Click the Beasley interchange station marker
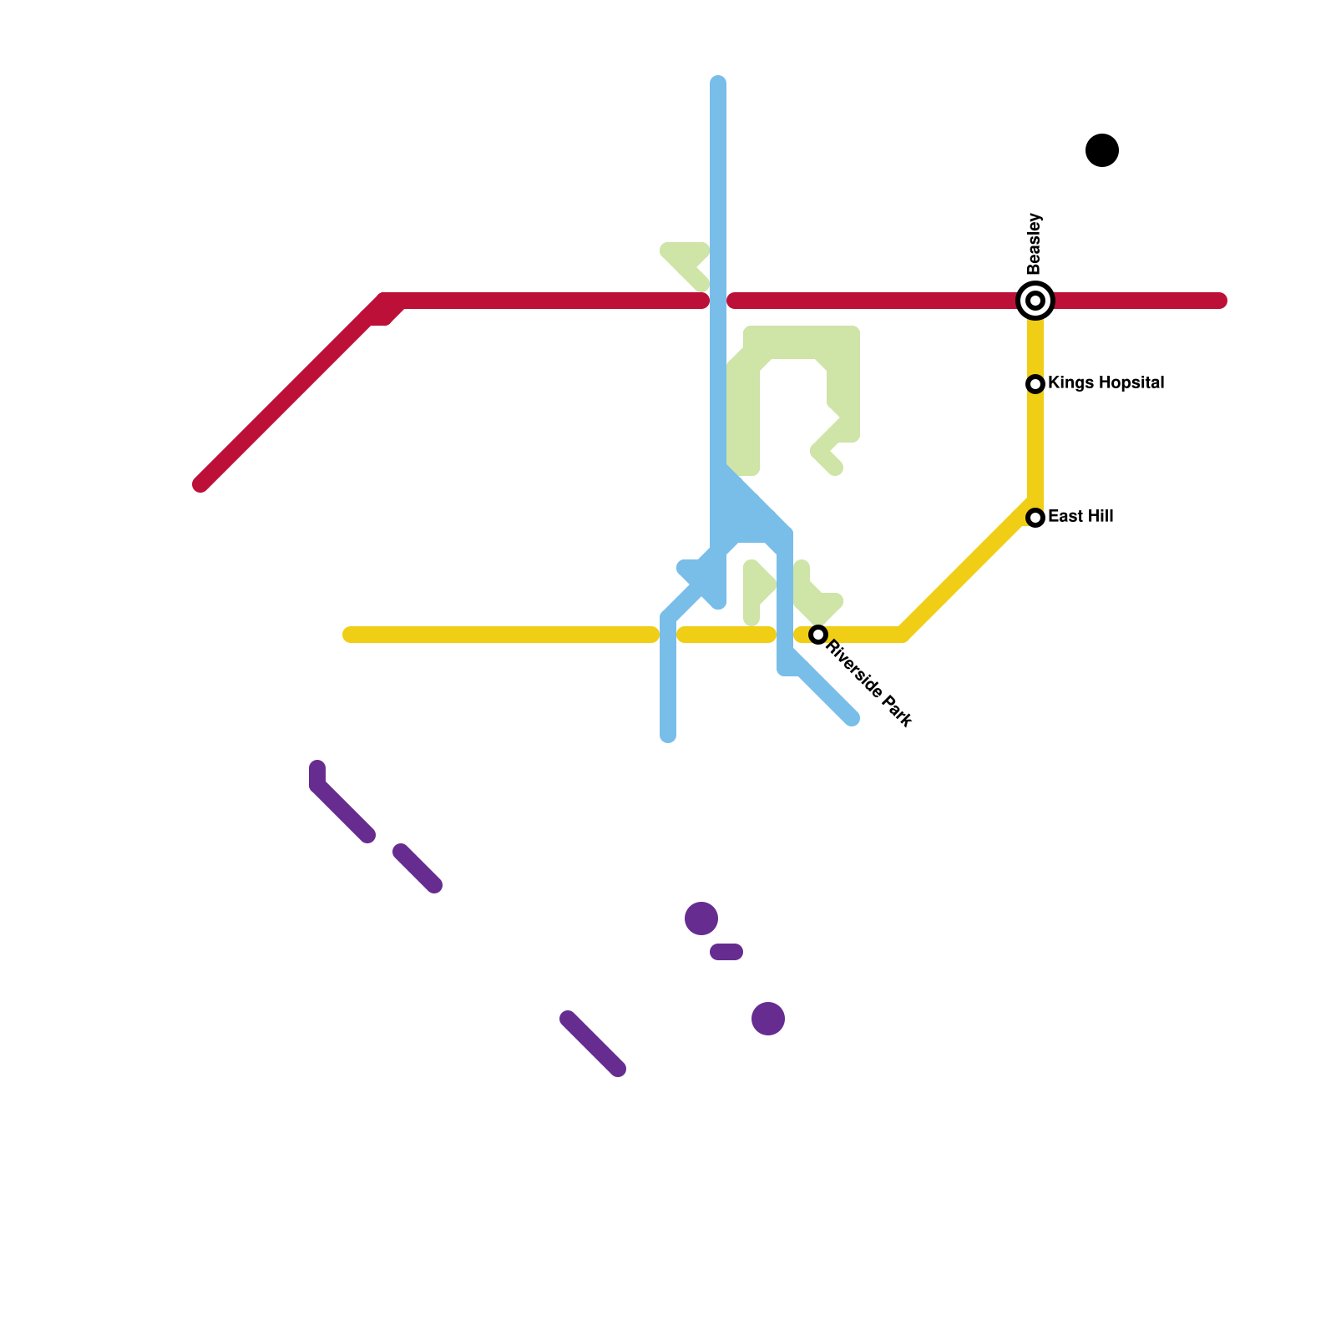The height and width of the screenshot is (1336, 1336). click(1035, 301)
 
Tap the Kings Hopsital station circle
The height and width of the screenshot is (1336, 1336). click(1035, 384)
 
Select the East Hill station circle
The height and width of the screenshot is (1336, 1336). click(1035, 518)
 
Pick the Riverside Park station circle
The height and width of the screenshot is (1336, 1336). click(818, 635)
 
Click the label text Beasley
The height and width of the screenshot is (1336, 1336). click(1035, 244)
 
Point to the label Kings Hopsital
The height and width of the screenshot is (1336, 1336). click(1106, 383)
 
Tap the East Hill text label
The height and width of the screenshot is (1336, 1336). click(1080, 517)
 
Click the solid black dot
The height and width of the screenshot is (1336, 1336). click(1102, 150)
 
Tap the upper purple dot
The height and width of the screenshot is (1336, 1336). click(701, 918)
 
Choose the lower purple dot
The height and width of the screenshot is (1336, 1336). click(768, 1019)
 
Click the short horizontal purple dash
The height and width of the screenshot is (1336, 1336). click(726, 952)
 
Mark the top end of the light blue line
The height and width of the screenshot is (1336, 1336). click(718, 83)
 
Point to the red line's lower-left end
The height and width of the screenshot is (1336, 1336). click(201, 483)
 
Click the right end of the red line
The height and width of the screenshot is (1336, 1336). click(1220, 301)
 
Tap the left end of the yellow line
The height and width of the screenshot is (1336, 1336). click(350, 635)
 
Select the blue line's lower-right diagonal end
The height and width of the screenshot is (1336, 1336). click(851, 718)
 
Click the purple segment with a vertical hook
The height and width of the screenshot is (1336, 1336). click(338, 806)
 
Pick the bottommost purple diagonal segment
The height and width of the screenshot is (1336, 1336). click(593, 1044)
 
